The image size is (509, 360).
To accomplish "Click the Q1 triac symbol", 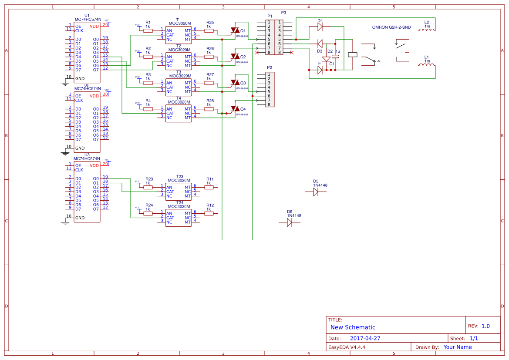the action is click(235, 30).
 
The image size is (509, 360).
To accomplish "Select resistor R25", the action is click(209, 30).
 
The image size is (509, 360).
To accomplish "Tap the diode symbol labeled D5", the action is click(316, 192).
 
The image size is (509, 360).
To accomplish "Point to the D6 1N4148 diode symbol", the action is click(290, 222).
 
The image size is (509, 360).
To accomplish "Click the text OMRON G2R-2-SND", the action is click(391, 27).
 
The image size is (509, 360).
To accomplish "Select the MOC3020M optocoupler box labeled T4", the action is click(178, 113).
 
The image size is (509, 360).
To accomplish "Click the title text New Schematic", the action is click(353, 327).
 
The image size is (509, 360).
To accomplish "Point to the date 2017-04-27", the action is click(365, 338).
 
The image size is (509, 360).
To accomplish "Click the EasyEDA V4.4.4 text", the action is click(347, 347).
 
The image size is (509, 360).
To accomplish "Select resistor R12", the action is click(209, 213).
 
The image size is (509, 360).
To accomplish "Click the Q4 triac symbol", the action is click(235, 109).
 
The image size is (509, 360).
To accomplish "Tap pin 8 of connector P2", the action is click(269, 104).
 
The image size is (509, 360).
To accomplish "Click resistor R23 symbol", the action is click(148, 187).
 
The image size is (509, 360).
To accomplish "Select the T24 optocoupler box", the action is click(178, 218).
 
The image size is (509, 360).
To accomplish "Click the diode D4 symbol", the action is click(320, 26).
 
